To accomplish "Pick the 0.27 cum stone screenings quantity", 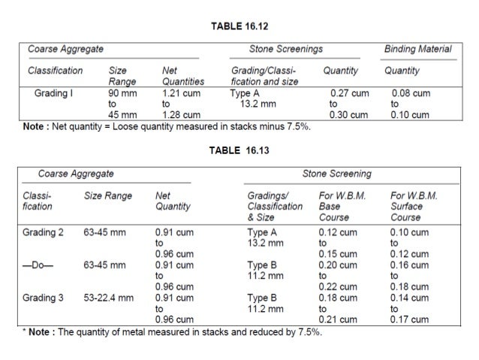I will point(350,94).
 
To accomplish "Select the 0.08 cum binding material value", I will point(410,94).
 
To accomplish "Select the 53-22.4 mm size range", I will point(109,298).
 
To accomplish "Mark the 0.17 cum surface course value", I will point(409,319).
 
